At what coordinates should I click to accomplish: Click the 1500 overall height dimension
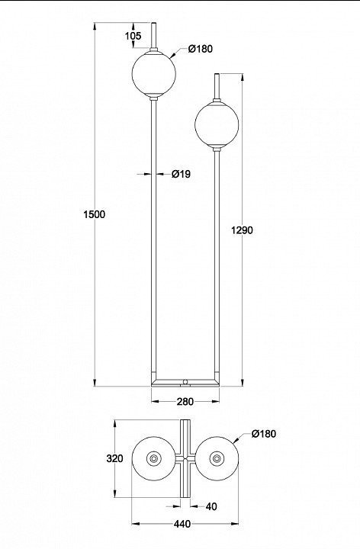pyautogui.click(x=95, y=214)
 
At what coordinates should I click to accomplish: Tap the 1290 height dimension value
pyautogui.click(x=242, y=230)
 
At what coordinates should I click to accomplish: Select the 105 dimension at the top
pyautogui.click(x=133, y=36)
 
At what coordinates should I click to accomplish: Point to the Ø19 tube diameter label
pyautogui.click(x=181, y=174)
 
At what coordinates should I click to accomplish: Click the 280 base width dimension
pyautogui.click(x=185, y=402)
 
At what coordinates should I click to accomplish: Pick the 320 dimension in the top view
pyautogui.click(x=114, y=458)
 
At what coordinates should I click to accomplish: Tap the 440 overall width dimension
pyautogui.click(x=182, y=524)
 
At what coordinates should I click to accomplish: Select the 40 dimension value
pyautogui.click(x=211, y=506)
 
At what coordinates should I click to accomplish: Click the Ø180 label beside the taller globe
pyautogui.click(x=201, y=49)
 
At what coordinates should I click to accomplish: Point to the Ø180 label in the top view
pyautogui.click(x=264, y=433)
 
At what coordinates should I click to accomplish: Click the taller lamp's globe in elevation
pyautogui.click(x=154, y=74)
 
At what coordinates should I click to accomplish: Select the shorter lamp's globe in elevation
pyautogui.click(x=217, y=124)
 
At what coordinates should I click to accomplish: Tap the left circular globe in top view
pyautogui.click(x=154, y=458)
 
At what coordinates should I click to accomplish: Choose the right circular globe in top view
pyautogui.click(x=217, y=458)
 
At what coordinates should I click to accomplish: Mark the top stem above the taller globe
pyautogui.click(x=154, y=35)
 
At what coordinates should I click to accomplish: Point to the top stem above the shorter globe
pyautogui.click(x=217, y=85)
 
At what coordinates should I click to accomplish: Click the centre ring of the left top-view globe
pyautogui.click(x=154, y=458)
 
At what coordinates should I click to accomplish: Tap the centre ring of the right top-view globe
pyautogui.click(x=217, y=458)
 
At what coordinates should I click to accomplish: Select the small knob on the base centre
pyautogui.click(x=185, y=381)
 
